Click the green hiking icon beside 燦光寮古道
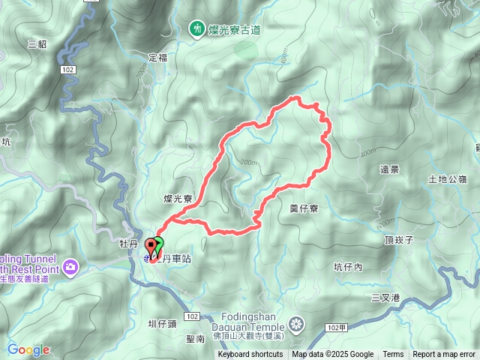click(196, 28)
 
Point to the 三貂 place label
click(37, 43)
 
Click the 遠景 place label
click(389, 169)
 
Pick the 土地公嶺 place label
click(447, 179)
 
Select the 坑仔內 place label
click(348, 266)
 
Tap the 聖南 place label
click(195, 339)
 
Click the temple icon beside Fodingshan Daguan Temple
click(297, 325)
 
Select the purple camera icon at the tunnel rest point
click(70, 266)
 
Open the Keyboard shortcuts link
click(250, 355)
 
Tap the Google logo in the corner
click(28, 349)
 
